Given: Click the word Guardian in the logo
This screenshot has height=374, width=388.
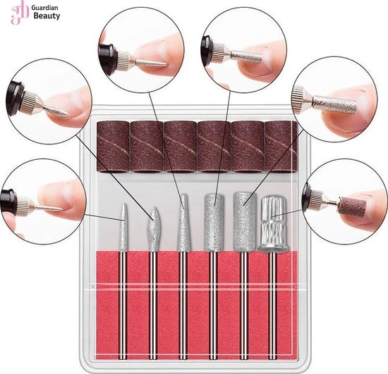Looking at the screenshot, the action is (44, 8).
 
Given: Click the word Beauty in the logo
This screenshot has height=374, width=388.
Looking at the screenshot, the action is (47, 16).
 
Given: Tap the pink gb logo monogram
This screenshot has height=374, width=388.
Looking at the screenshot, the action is (20, 13).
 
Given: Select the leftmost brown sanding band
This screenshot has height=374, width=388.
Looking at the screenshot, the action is (113, 147).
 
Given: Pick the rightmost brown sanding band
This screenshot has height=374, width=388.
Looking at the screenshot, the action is (281, 147).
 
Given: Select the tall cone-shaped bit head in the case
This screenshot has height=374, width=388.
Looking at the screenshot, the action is (183, 223).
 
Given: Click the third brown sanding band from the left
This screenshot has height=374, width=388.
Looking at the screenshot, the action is (180, 147).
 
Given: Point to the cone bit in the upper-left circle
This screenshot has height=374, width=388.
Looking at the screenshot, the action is (57, 111).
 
